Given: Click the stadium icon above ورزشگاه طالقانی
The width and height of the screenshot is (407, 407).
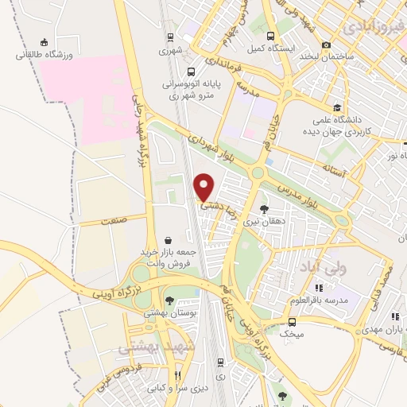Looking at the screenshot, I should coord(45,43).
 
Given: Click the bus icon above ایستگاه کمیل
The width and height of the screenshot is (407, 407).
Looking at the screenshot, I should coord(270,36).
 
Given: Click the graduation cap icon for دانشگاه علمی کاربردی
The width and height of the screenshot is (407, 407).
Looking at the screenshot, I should coord(338,108).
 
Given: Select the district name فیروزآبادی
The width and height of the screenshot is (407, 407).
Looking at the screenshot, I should coord(375,29).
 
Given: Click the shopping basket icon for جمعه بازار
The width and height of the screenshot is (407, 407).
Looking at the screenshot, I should coord(169,239).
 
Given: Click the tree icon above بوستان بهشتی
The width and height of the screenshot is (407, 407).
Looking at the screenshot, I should coord(169,300).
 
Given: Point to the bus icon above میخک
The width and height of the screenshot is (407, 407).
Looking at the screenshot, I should coord(293,322).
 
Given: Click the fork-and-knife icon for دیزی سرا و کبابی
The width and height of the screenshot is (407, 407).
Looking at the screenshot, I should coord(179,376).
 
